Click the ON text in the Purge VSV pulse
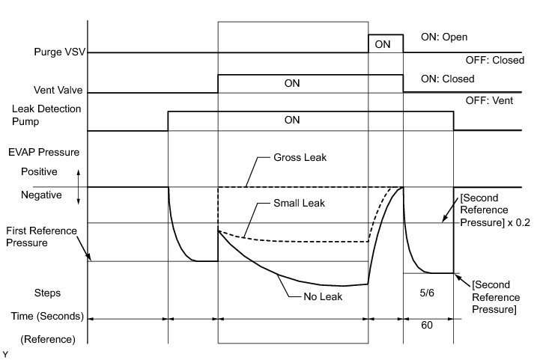point(383,44)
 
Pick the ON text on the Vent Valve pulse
point(292,83)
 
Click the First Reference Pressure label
point(40,237)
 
